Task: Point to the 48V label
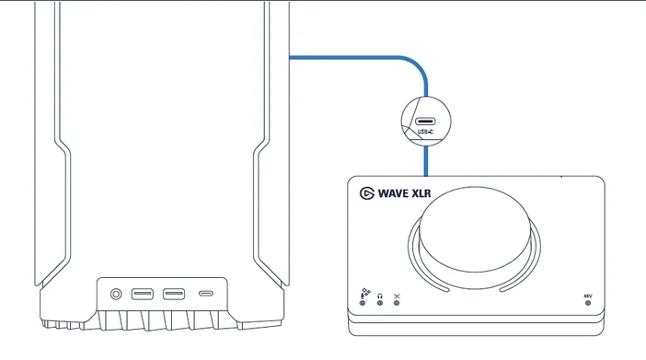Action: pyautogui.click(x=588, y=296)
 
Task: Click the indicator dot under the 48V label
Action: pyautogui.click(x=588, y=304)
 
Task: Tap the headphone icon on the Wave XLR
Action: pyautogui.click(x=379, y=295)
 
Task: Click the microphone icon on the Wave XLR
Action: pyautogui.click(x=363, y=294)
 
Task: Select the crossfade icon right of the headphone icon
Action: pyautogui.click(x=397, y=295)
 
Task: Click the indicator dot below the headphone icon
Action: pyautogui.click(x=379, y=304)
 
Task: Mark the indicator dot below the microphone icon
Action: pyautogui.click(x=363, y=304)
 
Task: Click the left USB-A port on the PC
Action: pyautogui.click(x=143, y=295)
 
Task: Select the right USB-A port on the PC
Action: pyautogui.click(x=174, y=295)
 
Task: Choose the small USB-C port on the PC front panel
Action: pyautogui.click(x=206, y=295)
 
